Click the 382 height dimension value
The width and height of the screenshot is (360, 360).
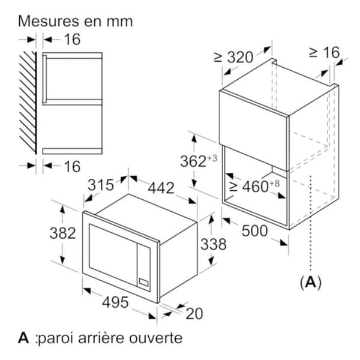coord(62,233)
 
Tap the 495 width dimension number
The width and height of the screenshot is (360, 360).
coord(115,302)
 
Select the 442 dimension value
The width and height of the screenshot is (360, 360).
coord(161,188)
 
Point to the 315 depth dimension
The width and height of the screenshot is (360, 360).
coord(101,185)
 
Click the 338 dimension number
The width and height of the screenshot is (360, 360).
coord(214,244)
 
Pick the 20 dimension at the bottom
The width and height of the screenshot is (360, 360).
coord(194,314)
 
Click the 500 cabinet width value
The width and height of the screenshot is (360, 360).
coord(255,231)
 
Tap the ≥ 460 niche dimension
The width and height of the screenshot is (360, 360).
coord(254,186)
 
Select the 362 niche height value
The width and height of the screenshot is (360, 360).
coord(199,160)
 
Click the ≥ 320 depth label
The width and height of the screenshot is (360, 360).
coord(233,57)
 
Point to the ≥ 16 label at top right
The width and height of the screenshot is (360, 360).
coord(324,53)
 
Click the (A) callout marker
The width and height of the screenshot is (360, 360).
coord(311,282)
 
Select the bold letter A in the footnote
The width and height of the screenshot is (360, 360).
coord(23,338)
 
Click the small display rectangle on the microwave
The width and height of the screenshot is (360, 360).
coord(144,282)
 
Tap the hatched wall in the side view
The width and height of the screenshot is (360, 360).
coord(28,103)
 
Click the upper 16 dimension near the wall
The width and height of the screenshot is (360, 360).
coord(73,39)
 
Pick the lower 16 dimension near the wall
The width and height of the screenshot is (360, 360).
coord(73,166)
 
